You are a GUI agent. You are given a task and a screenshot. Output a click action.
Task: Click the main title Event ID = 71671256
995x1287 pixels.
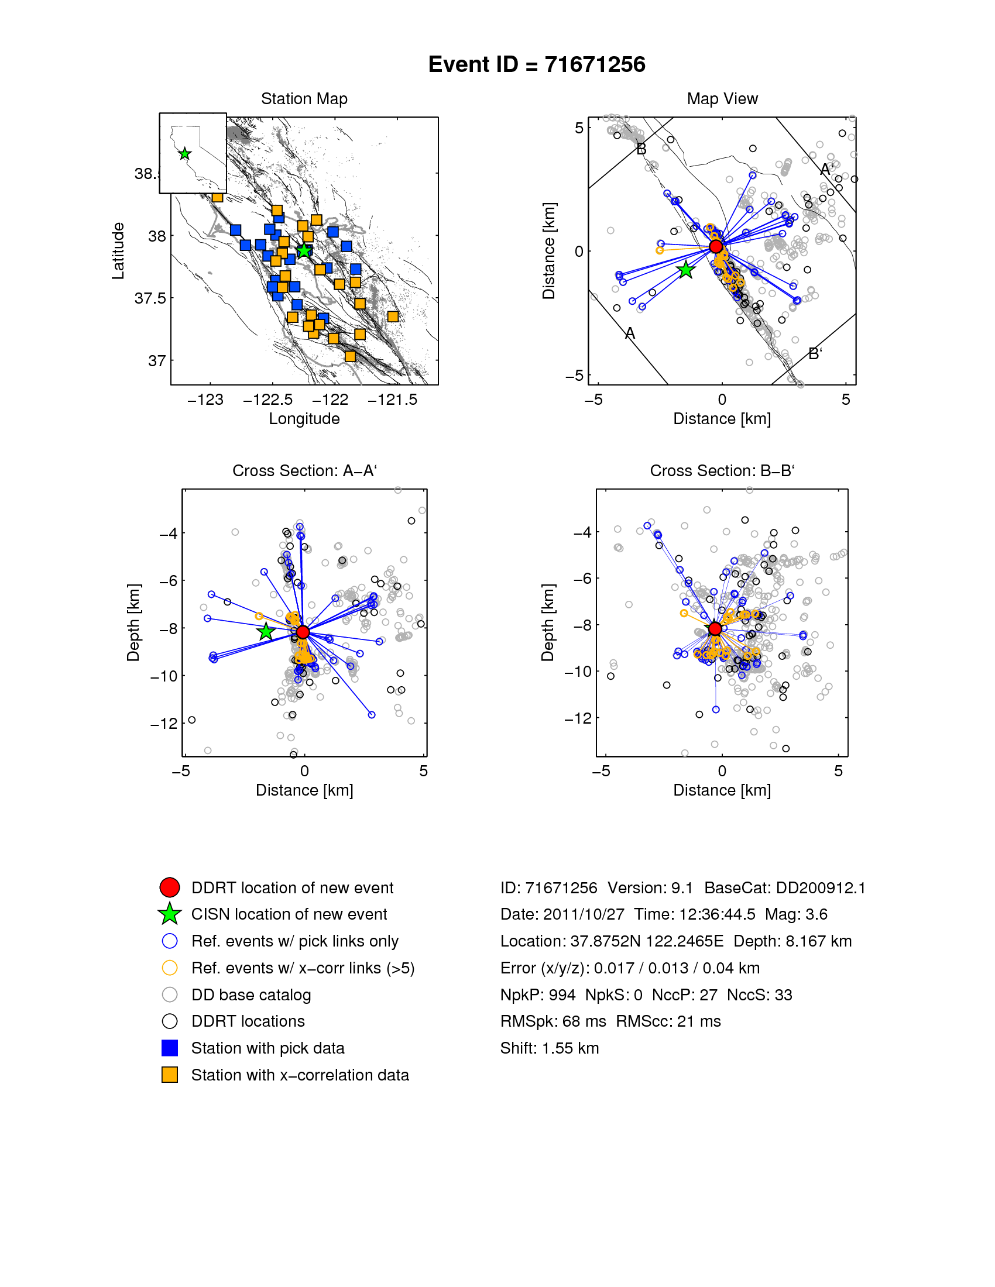click(x=536, y=64)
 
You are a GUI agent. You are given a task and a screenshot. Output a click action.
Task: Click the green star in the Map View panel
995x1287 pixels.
click(x=685, y=270)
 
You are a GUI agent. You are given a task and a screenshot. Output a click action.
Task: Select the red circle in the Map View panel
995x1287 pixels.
click(x=716, y=246)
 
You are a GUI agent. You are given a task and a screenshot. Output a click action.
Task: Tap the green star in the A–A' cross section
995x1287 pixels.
click(x=266, y=631)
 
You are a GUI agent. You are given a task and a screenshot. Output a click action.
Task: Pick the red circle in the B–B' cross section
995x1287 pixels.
click(x=715, y=629)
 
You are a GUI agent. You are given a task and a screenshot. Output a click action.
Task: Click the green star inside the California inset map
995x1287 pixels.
click(x=184, y=154)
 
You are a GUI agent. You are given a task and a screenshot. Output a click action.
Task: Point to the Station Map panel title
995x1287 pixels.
click(x=304, y=99)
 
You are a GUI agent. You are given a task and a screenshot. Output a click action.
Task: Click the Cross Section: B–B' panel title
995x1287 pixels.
click(x=722, y=471)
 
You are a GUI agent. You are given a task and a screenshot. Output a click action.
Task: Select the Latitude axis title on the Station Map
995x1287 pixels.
click(x=118, y=250)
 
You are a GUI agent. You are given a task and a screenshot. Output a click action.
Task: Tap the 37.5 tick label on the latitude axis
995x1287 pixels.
click(x=150, y=298)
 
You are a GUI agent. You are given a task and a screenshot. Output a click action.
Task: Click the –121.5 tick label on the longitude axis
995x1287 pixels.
click(x=392, y=400)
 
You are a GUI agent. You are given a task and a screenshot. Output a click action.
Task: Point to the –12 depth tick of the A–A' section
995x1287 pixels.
click(x=164, y=724)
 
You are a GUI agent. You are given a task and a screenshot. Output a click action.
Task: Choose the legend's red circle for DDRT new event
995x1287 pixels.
click(x=170, y=887)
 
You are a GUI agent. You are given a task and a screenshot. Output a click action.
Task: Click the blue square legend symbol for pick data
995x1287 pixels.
click(x=170, y=1048)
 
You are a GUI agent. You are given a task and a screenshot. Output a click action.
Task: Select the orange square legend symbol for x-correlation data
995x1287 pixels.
click(x=170, y=1075)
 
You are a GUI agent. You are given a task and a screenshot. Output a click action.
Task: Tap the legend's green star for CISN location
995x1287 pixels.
click(x=170, y=914)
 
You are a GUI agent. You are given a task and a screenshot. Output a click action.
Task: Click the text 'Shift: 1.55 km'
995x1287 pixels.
click(x=550, y=1048)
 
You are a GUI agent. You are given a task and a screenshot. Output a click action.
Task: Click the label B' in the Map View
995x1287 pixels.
click(x=815, y=353)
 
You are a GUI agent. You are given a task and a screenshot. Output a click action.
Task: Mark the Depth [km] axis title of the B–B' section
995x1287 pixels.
click(x=548, y=622)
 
